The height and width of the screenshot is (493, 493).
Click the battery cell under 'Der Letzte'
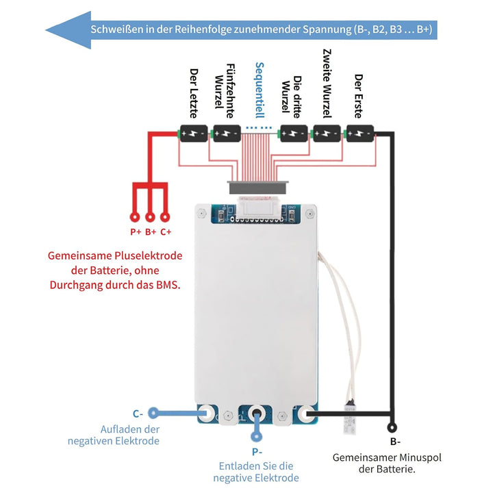(x=193, y=134)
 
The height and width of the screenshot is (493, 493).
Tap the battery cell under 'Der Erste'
(x=360, y=134)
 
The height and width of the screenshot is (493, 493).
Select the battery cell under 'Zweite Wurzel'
(x=327, y=134)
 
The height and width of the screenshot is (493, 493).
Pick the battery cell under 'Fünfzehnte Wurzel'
(x=227, y=134)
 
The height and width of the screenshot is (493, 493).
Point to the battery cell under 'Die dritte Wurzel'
(x=294, y=134)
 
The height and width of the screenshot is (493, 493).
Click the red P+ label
(x=136, y=232)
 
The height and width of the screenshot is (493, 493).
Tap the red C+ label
(x=166, y=232)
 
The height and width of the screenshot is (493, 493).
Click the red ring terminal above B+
(x=150, y=217)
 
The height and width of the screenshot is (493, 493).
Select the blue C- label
(x=138, y=414)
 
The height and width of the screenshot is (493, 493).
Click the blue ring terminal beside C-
(x=153, y=413)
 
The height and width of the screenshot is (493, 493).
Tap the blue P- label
(x=257, y=452)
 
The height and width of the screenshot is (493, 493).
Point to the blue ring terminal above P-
(x=256, y=436)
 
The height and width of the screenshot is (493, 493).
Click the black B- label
(x=395, y=442)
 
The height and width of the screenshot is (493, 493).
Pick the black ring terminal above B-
(x=392, y=427)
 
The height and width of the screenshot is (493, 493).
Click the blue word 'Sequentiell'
(x=259, y=90)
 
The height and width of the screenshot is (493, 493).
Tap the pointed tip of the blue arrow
(x=46, y=30)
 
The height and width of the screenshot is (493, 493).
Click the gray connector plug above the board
(x=257, y=188)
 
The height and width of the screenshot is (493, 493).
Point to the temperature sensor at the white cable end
(x=350, y=416)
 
